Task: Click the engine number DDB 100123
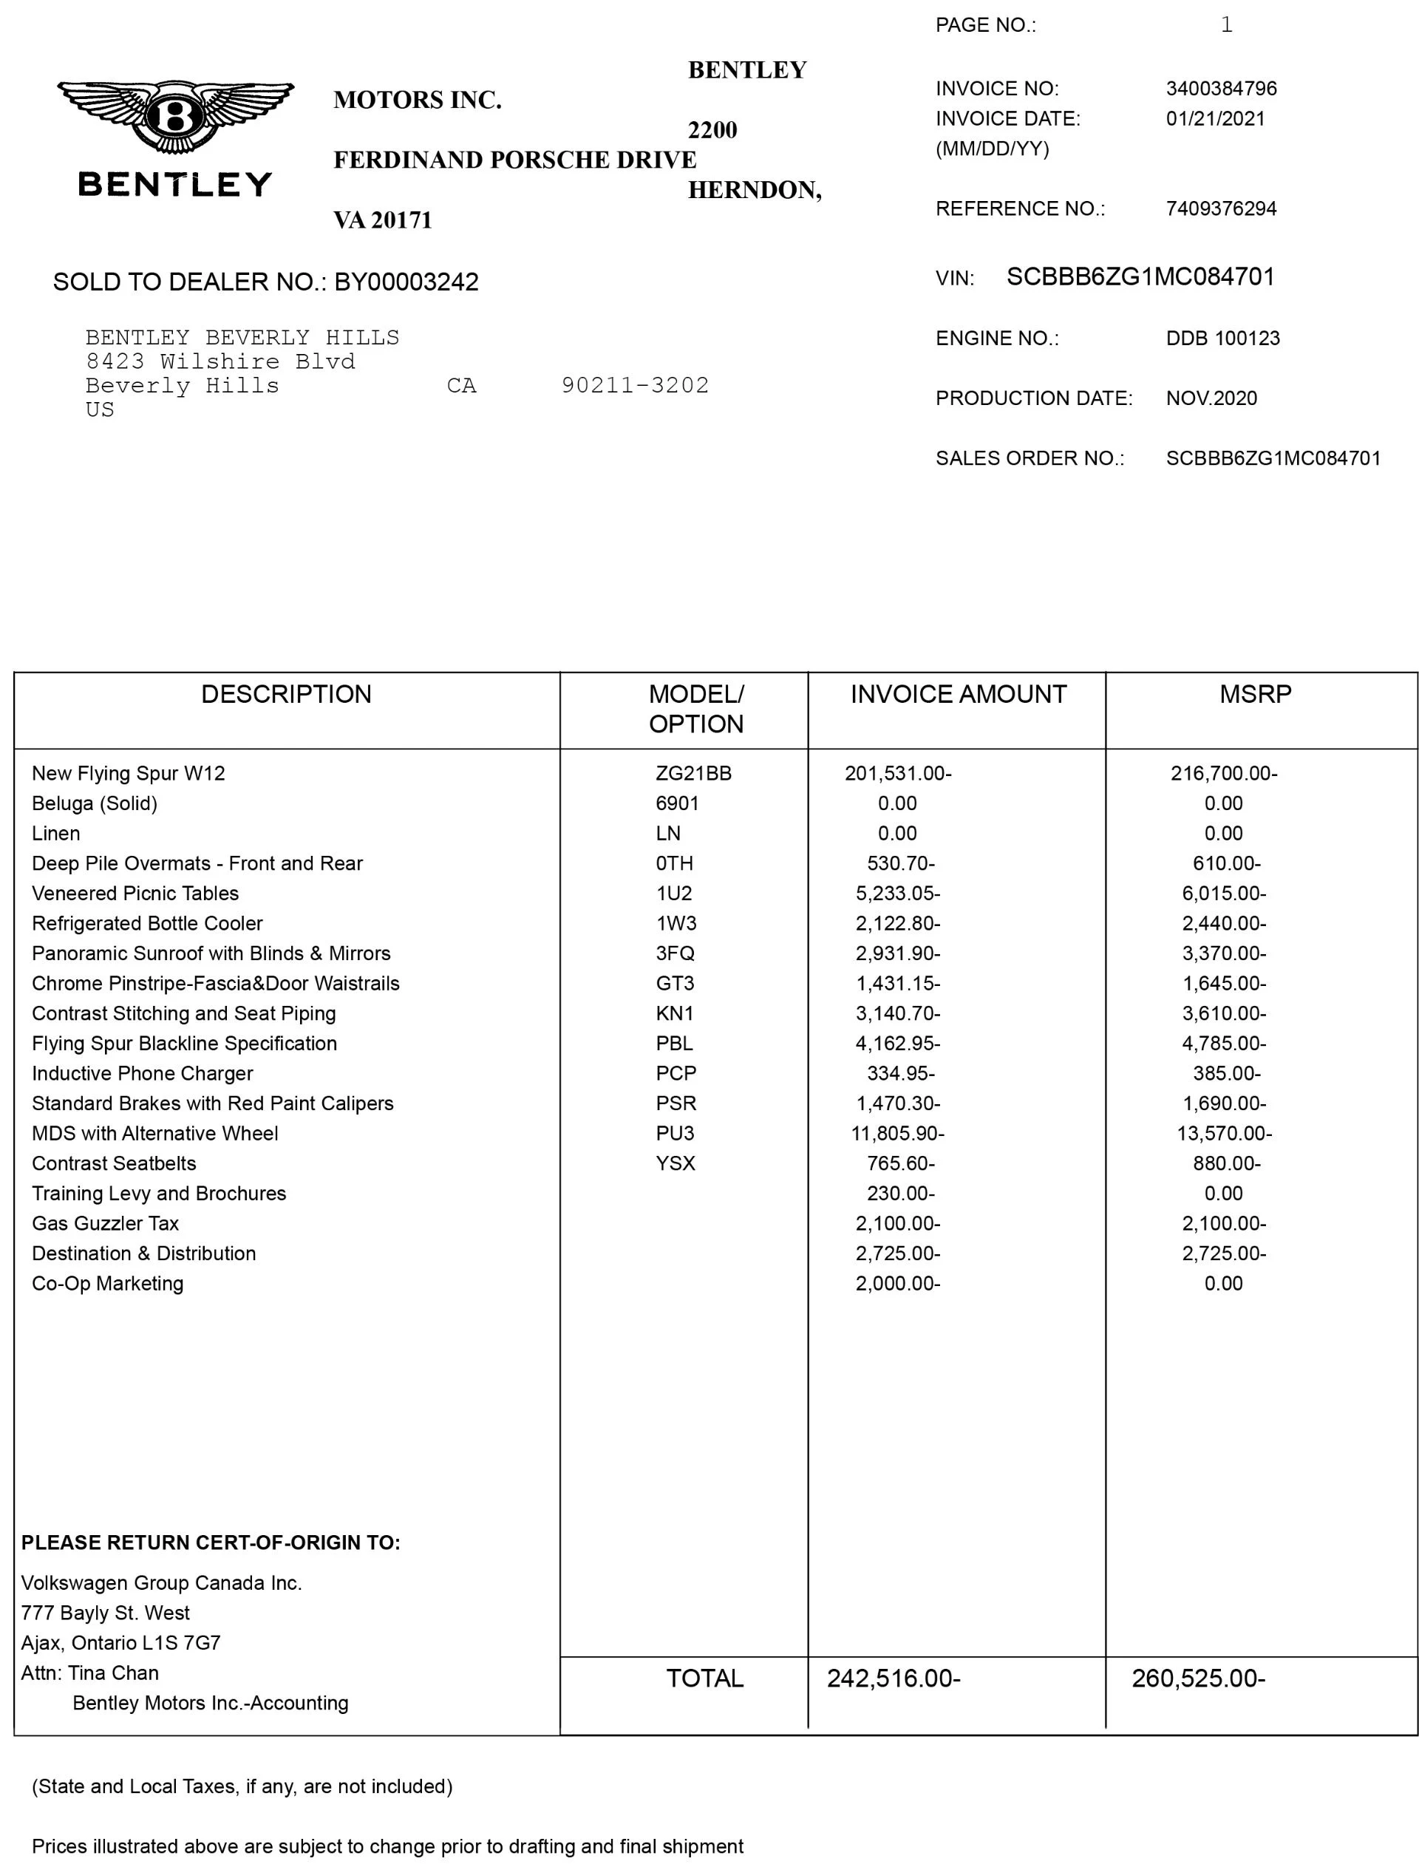1222,339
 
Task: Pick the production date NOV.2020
1211,398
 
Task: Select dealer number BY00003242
406,282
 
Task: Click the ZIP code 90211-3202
635,386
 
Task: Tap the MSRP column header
1255,694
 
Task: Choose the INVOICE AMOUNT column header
958,694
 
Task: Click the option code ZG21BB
693,774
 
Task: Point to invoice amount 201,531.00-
898,774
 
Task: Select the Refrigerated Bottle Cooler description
147,924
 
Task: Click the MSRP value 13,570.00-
1224,1134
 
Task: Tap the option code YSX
675,1164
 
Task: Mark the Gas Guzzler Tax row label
105,1224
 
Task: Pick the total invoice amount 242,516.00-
893,1678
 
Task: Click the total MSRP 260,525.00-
1198,1678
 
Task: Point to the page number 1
1226,25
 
